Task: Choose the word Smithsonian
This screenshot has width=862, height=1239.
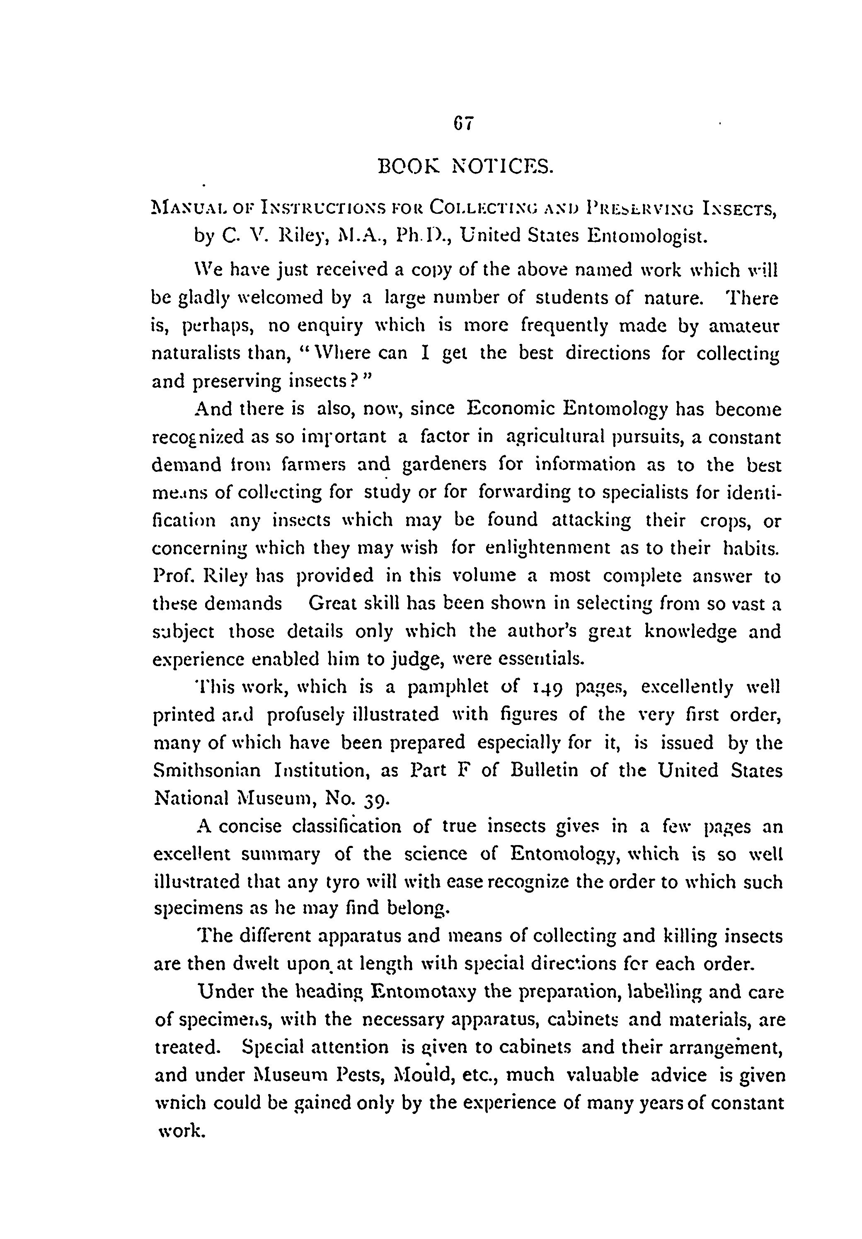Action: tap(207, 770)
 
